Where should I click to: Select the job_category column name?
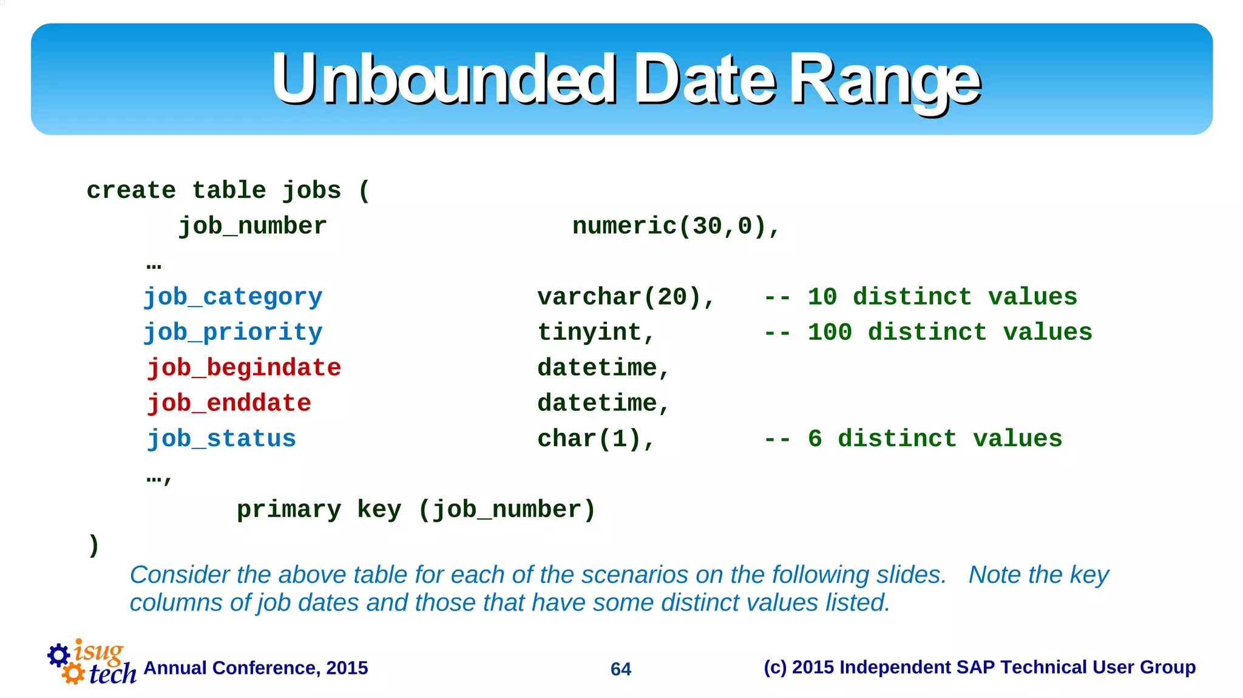pyautogui.click(x=233, y=297)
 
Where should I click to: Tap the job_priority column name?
pyautogui.click(x=233, y=332)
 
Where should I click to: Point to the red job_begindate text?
pyautogui.click(x=244, y=368)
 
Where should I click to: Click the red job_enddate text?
pyautogui.click(x=229, y=403)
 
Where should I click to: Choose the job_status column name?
pyautogui.click(x=222, y=438)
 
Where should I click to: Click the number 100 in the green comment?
pyautogui.click(x=829, y=332)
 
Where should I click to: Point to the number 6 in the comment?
pyautogui.click(x=815, y=438)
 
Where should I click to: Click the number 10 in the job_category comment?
pyautogui.click(x=822, y=297)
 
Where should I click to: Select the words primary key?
pyautogui.click(x=319, y=509)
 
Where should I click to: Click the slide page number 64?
pyautogui.click(x=620, y=669)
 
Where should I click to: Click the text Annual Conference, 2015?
pyautogui.click(x=256, y=668)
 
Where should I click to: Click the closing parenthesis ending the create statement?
pyautogui.click(x=93, y=544)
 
